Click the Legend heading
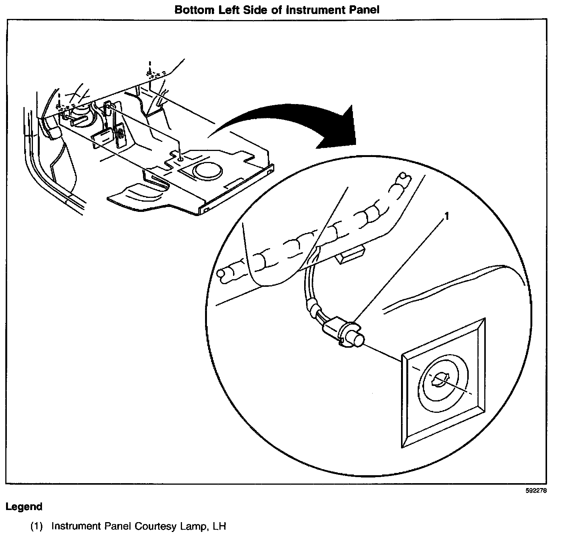(x=24, y=507)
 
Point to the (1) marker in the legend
(x=36, y=526)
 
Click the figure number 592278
(x=536, y=491)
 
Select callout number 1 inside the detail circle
(x=446, y=216)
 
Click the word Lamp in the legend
(x=191, y=526)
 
